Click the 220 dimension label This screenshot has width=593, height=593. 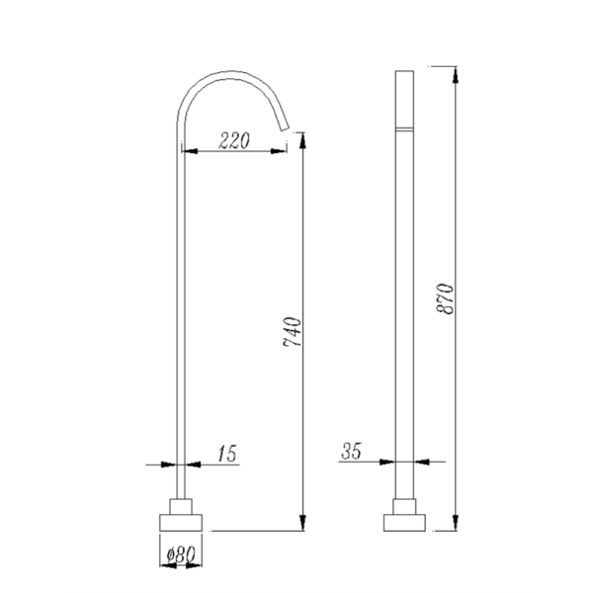coord(234,140)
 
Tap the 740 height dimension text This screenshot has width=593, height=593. coord(293,332)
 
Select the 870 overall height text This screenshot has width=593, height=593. coord(445,298)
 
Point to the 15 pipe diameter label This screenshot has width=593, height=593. coord(227,453)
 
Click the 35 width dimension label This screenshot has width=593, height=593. coord(351,451)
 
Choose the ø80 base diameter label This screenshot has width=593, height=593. coord(181,554)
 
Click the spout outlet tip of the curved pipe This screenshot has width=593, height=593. coord(285,128)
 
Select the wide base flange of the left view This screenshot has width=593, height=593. coord(181,523)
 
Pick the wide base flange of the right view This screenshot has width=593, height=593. coord(404,523)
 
